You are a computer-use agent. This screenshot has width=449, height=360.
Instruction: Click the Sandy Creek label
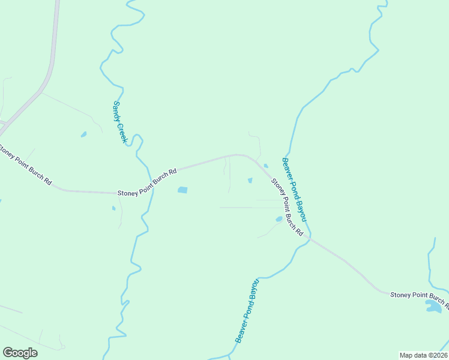point(120,121)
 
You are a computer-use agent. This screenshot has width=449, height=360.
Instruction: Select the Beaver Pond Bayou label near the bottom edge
point(247,311)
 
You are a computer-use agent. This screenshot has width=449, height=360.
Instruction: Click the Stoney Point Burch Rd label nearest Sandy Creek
point(147,182)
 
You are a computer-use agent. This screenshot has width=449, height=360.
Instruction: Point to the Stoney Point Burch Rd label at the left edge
point(25,165)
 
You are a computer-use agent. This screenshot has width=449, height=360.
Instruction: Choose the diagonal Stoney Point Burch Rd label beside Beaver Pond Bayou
point(286,207)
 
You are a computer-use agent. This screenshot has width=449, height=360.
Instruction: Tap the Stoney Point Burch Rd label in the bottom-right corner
point(419,298)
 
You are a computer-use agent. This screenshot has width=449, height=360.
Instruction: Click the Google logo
point(20,353)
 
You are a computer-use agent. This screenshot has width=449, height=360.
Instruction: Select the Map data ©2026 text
point(423,355)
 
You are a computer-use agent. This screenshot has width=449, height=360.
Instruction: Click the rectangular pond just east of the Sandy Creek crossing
point(182,190)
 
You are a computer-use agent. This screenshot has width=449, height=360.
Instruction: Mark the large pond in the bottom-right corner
point(433,307)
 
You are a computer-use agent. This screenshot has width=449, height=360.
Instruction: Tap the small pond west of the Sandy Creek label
point(83,134)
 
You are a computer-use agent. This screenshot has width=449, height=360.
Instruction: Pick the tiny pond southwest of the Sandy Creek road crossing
point(113,209)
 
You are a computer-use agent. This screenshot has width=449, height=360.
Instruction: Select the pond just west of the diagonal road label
point(279,220)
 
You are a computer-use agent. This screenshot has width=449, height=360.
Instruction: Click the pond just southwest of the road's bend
point(250,180)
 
